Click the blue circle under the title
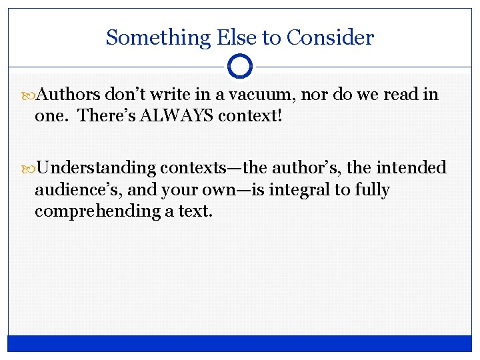tap(240, 66)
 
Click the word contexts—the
tap(213, 167)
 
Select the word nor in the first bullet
tap(319, 95)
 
